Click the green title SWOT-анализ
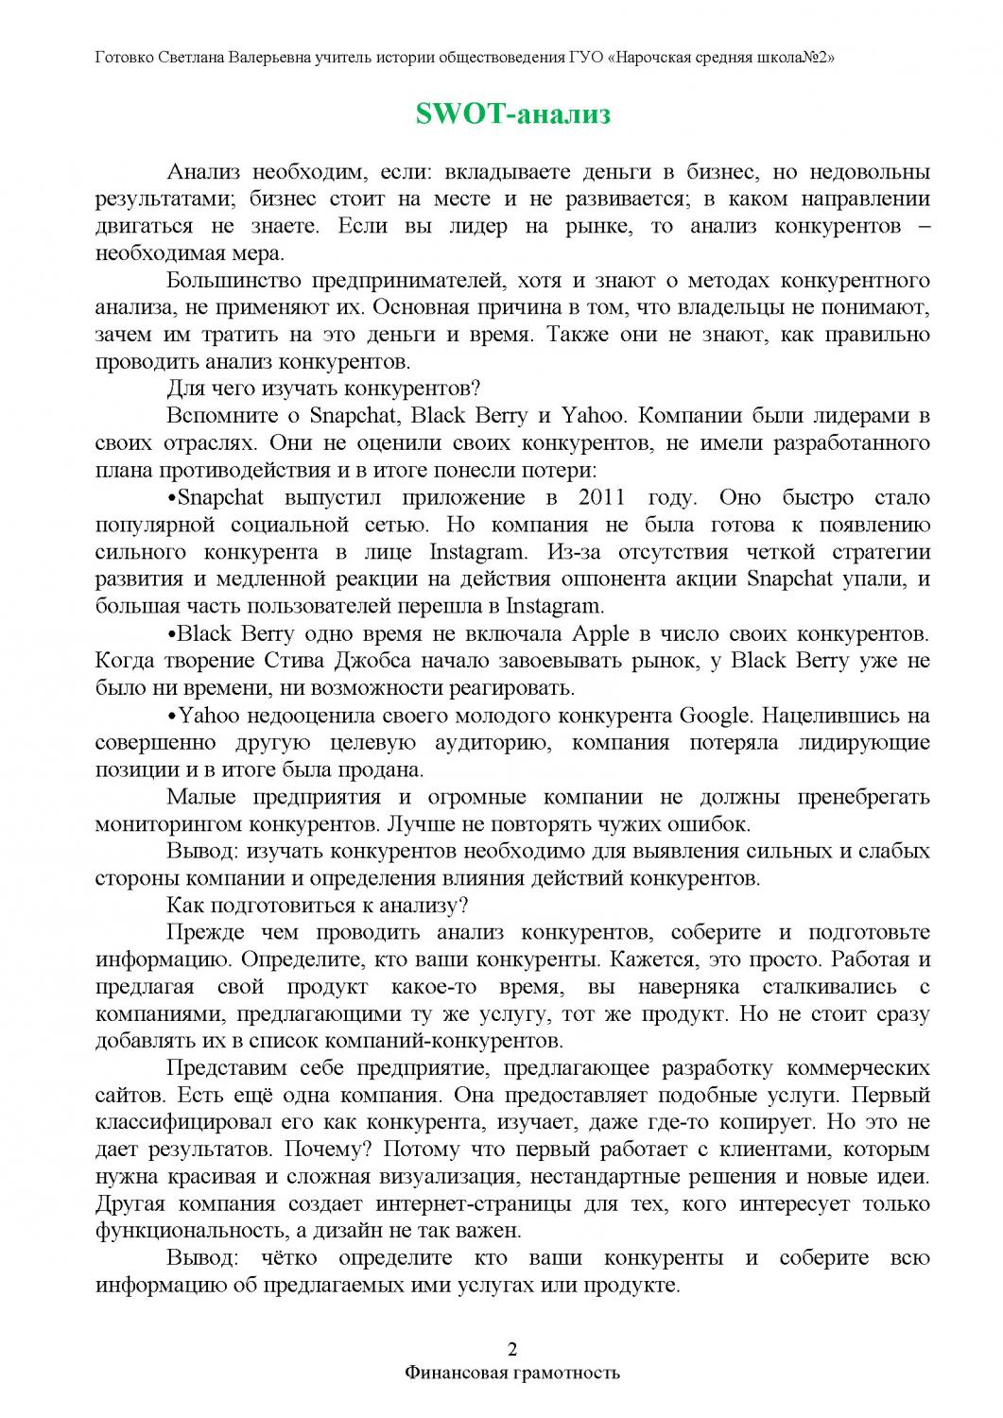point(513,114)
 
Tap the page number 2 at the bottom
point(512,1347)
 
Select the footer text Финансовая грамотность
point(512,1372)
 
